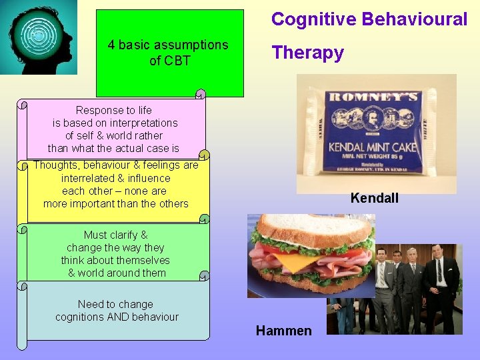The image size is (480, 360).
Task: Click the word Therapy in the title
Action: click(x=307, y=53)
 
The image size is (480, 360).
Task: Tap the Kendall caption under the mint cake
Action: click(x=374, y=198)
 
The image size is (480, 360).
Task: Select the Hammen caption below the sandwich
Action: click(x=283, y=330)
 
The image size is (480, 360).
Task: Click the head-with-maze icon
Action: click(x=39, y=37)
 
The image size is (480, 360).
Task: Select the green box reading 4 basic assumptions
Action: click(x=169, y=53)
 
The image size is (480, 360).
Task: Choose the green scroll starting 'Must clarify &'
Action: click(x=116, y=253)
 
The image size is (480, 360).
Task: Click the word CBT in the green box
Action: click(x=179, y=61)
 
